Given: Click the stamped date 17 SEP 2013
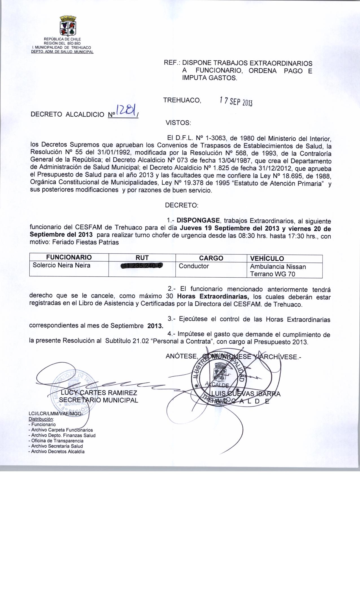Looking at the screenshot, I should (236, 101).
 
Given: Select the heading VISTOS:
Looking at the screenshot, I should (178, 123).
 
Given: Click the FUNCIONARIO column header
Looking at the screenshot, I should (69, 257).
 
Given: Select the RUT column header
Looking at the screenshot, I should (142, 258).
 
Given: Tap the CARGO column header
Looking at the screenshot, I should (211, 258).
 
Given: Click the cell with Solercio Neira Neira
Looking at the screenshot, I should (62, 265).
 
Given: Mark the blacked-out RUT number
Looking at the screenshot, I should (142, 266).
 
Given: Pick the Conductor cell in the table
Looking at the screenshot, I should (194, 266).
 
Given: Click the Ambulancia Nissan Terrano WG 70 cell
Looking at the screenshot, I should (278, 270).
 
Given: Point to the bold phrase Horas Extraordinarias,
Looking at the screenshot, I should (213, 296).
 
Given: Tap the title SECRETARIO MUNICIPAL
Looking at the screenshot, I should (99, 400).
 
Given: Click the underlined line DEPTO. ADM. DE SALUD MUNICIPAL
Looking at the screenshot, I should (62, 52).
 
